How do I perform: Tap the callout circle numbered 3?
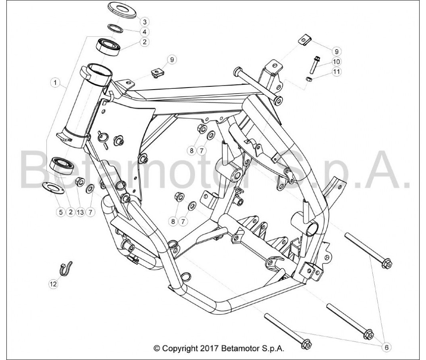(145, 22)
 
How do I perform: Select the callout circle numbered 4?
(145, 32)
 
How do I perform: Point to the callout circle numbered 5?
(61, 212)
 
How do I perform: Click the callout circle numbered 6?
(387, 347)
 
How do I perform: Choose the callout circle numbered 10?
(336, 62)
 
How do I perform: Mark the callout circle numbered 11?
(336, 72)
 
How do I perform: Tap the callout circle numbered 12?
(53, 284)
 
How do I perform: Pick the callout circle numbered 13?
(80, 212)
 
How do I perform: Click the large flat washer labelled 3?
(122, 10)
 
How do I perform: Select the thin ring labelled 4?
(116, 28)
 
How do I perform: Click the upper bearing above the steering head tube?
(109, 47)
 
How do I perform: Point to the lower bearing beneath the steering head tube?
(62, 166)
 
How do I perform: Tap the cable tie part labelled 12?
(66, 269)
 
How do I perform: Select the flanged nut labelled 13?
(80, 181)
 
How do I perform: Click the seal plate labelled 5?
(53, 188)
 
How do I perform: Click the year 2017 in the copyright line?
(209, 348)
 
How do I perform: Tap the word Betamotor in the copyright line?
(239, 348)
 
